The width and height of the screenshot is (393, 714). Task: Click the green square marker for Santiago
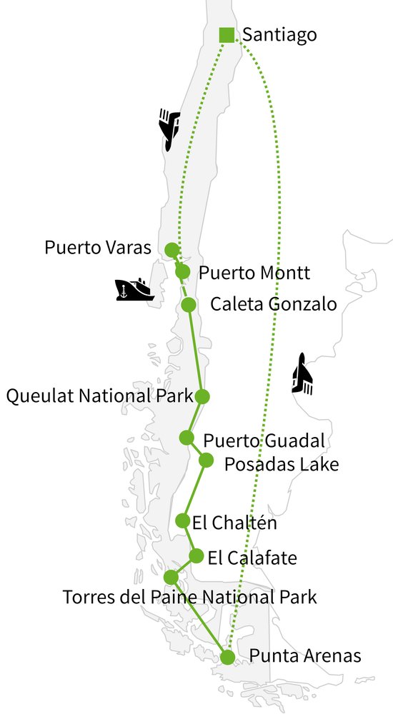pos(227,34)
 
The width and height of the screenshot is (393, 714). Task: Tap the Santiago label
pos(279,34)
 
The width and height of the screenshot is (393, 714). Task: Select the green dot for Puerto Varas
pos(171,249)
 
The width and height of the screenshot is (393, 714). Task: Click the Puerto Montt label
pos(254,272)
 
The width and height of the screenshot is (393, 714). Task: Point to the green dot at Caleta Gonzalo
pos(189,305)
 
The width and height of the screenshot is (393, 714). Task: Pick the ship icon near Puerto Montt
pos(134,288)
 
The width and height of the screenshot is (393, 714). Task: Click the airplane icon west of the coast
pos(169,129)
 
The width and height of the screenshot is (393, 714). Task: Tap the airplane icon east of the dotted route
pos(303,374)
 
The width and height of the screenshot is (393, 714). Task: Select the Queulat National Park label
pos(99,396)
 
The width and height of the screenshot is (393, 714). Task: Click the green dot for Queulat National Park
pos(202,396)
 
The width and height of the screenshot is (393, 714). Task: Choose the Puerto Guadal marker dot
pos(186,437)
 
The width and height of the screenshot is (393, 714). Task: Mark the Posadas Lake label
pos(281,464)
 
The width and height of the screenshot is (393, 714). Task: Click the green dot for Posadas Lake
pos(206,460)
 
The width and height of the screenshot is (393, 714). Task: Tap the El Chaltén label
pos(234,523)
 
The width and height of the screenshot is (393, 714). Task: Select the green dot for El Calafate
pos(196,555)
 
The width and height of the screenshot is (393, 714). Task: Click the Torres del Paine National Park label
pos(189,596)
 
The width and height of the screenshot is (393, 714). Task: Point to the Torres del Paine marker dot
pos(171,576)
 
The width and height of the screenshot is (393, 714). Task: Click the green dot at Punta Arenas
pos(228,657)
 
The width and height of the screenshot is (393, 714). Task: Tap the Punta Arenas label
pos(305,655)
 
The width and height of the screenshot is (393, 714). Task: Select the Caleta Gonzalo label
pos(273,305)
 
